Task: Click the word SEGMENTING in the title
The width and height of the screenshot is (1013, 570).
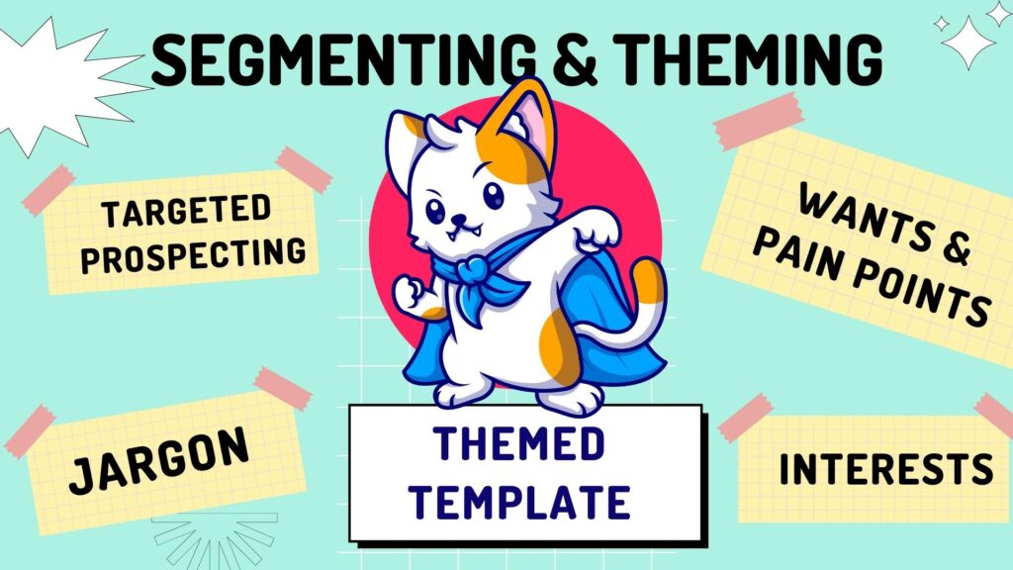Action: click(x=343, y=58)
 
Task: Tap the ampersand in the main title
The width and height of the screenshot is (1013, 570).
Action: click(x=575, y=58)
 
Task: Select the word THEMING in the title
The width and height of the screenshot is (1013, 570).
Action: click(x=746, y=58)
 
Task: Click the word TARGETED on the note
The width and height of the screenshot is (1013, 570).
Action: click(x=186, y=211)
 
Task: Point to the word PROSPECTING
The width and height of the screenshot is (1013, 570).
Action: click(x=193, y=255)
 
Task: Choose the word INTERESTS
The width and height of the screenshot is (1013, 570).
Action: click(x=886, y=468)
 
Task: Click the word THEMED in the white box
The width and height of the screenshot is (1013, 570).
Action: click(x=519, y=443)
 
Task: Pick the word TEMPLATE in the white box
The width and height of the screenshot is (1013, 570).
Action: click(x=519, y=502)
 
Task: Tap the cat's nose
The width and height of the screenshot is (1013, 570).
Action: click(x=459, y=218)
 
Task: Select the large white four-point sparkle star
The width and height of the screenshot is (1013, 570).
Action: click(x=968, y=43)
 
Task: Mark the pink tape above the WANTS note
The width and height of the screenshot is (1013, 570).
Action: click(x=759, y=122)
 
